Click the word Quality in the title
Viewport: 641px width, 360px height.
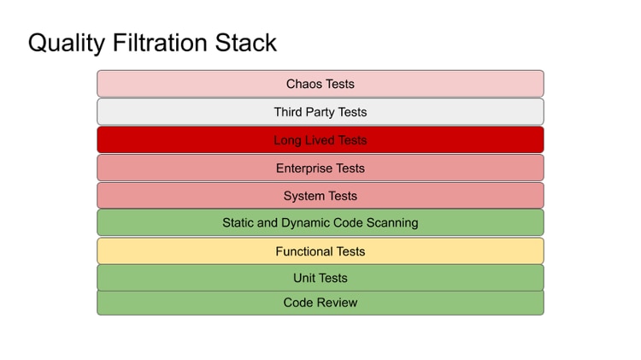(x=66, y=44)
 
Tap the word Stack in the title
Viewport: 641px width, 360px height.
(x=245, y=43)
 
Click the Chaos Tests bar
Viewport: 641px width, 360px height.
(x=320, y=84)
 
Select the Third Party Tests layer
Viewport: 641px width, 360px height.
(x=320, y=112)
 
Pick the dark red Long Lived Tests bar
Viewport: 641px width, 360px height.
(x=320, y=140)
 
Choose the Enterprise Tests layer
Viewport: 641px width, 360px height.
(x=320, y=168)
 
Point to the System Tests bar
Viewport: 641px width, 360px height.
(x=320, y=196)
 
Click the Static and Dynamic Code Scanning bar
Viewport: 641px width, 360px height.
(x=320, y=222)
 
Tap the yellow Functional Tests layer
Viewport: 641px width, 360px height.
(x=320, y=251)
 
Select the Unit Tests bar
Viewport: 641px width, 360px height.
(x=320, y=278)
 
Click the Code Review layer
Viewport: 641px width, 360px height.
(x=320, y=303)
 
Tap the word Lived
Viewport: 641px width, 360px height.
(x=320, y=140)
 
